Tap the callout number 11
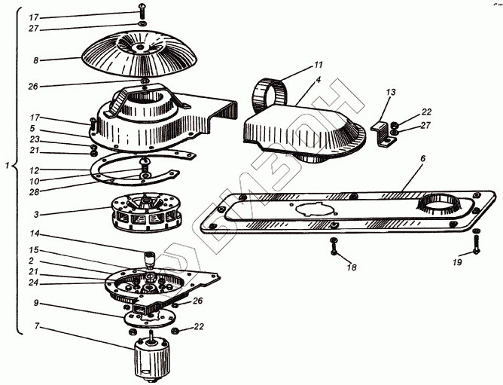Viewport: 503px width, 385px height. [x=318, y=66]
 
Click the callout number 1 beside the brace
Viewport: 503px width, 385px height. [x=7, y=166]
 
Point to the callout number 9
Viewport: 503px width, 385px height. [x=35, y=303]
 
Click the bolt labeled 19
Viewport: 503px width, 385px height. [x=476, y=243]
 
